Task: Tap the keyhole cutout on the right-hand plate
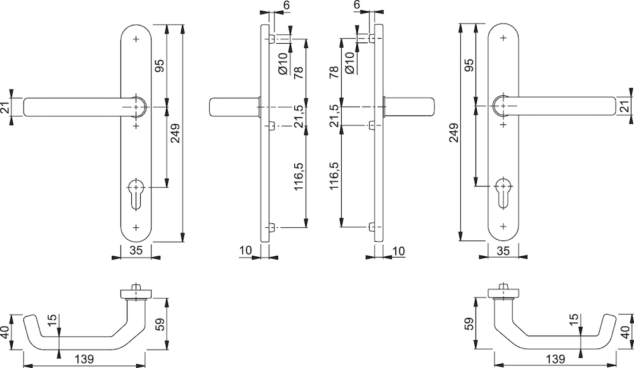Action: coord(503,193)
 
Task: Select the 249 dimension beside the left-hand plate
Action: coord(175,133)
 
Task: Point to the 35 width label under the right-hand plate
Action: coord(503,251)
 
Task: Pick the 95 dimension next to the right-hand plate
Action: coord(469,65)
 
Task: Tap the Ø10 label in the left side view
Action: coord(283,63)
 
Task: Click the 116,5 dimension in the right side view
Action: coord(334,176)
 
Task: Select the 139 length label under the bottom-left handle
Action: coord(84,359)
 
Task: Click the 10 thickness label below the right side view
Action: coord(398,251)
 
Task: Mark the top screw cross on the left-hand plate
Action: coord(136,39)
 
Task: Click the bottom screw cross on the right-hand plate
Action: coord(503,225)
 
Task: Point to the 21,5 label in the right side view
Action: coord(334,115)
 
